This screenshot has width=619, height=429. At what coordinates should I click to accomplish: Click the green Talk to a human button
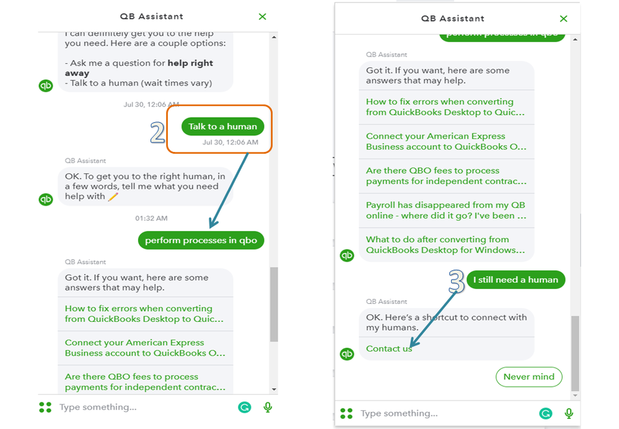[222, 126]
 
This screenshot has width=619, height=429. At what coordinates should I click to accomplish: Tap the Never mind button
[529, 377]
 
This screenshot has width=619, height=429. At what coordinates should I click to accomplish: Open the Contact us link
[389, 348]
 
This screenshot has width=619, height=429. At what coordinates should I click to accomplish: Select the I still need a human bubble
[516, 280]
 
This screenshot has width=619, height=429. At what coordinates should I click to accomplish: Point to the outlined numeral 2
[157, 132]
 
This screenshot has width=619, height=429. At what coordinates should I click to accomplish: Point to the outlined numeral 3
[457, 281]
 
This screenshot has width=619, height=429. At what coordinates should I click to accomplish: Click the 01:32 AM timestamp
[151, 218]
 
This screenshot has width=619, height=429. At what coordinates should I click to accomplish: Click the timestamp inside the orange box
[230, 142]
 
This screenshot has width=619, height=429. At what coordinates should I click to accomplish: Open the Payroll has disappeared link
[446, 210]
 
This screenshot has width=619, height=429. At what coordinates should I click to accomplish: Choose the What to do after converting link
[446, 244]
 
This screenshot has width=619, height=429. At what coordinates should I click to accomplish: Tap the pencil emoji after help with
[113, 197]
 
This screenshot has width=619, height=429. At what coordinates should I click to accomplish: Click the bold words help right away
[139, 68]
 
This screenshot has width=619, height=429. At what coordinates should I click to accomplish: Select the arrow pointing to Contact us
[434, 320]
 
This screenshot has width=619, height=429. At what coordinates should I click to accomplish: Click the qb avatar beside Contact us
[347, 353]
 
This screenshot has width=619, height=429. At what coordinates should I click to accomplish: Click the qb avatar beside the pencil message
[46, 199]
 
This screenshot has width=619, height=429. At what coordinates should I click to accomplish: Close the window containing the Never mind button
[563, 19]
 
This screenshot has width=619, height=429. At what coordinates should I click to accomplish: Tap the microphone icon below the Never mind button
[568, 414]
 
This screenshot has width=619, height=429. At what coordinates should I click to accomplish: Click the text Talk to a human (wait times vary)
[139, 83]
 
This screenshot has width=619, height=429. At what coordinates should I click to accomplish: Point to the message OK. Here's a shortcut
[447, 322]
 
